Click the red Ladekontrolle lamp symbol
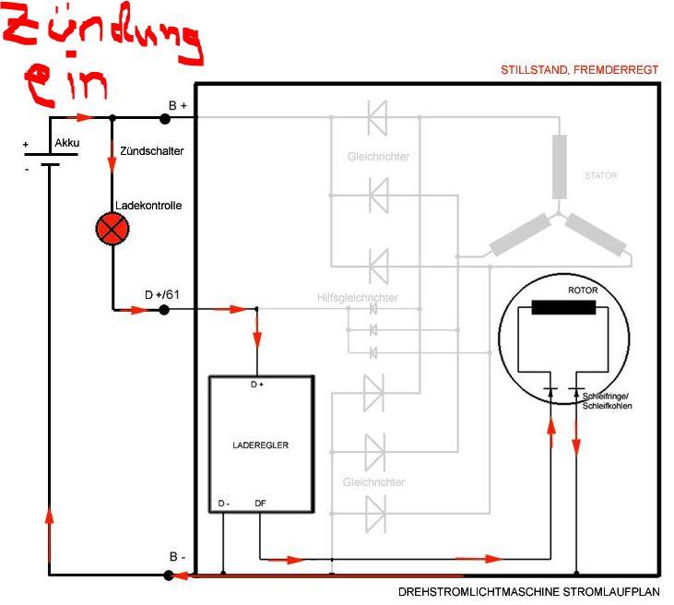112,229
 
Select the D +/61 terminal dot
164,310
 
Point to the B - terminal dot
168,575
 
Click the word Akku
67,143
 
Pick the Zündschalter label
152,149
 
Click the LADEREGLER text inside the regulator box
261,445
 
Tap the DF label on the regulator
260,504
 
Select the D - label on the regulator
224,504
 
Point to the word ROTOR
583,291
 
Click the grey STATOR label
600,175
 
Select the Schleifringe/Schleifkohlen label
608,400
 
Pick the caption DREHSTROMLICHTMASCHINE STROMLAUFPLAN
530,592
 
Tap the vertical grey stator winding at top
560,166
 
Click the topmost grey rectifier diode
376,118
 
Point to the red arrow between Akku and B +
82,118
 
